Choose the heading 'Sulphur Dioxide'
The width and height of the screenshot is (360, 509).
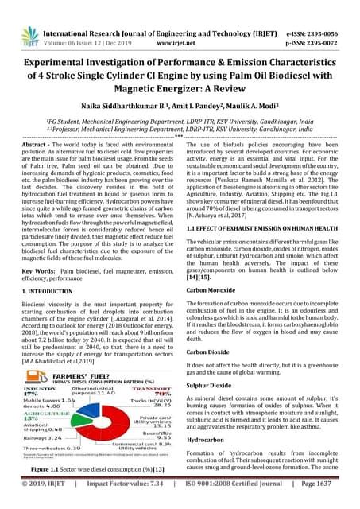(211, 383)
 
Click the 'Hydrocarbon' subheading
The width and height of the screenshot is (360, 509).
(208, 439)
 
